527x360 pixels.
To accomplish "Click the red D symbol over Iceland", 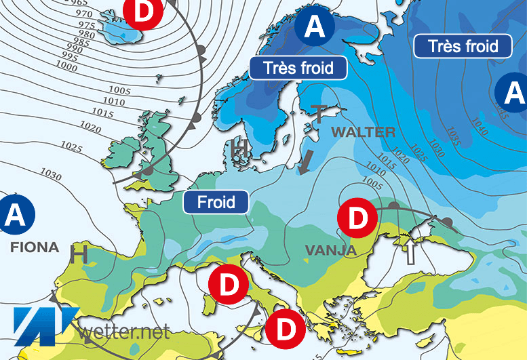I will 143,11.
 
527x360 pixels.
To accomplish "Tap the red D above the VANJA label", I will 357,218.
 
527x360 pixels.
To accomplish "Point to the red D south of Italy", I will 284,330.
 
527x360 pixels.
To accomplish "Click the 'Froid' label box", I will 216,201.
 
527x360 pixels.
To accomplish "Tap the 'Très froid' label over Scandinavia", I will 298,68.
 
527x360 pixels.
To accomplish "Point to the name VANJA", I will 330,251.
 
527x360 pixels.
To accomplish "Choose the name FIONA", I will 35,247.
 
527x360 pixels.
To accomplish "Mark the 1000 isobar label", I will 66,66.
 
